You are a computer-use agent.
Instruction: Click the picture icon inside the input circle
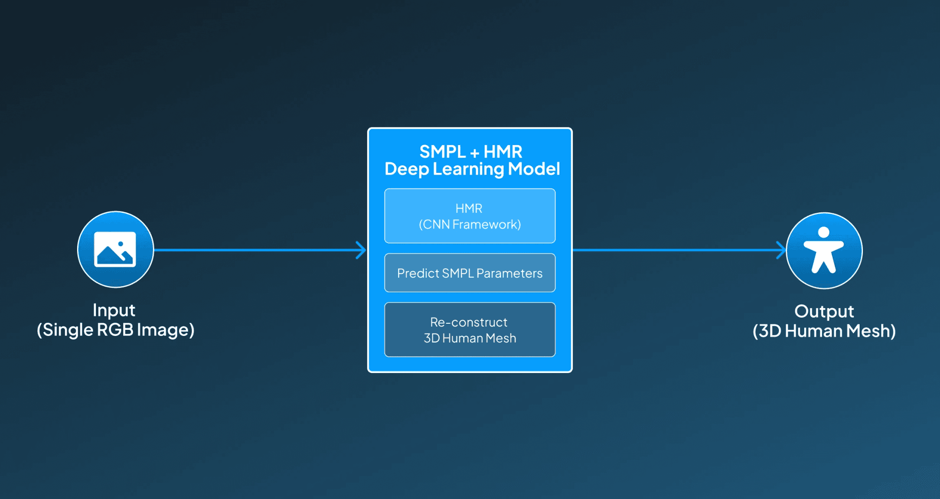point(115,249)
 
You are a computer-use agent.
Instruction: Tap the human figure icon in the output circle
point(824,250)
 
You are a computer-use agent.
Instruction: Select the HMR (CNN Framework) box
point(470,216)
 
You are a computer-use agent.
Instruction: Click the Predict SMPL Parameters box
point(470,273)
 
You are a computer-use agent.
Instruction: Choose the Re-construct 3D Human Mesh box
point(470,329)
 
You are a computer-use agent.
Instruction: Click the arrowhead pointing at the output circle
point(781,250)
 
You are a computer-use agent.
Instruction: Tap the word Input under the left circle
point(114,311)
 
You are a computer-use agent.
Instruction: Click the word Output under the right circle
point(824,311)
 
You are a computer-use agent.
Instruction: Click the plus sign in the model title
point(475,153)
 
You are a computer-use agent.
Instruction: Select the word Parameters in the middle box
point(509,273)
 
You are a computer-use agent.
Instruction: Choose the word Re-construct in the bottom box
point(469,322)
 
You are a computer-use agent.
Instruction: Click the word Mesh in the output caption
point(871,331)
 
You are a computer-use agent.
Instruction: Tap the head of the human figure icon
point(823,232)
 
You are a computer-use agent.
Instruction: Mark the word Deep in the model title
point(407,170)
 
